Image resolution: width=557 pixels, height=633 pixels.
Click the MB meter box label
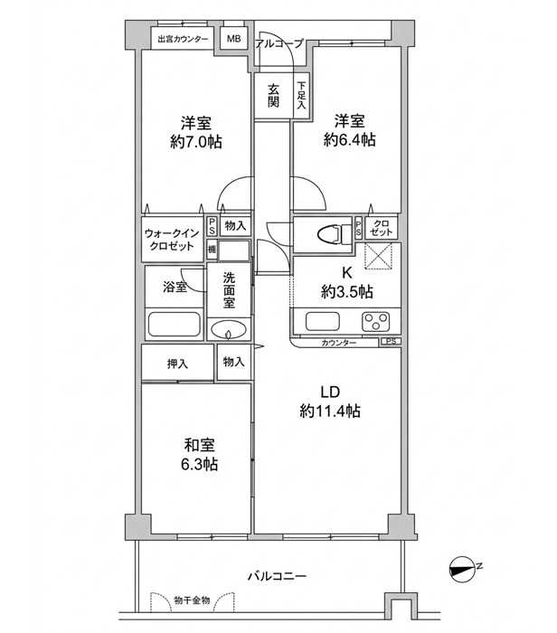tap(233, 39)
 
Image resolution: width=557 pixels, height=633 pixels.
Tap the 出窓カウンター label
tap(183, 39)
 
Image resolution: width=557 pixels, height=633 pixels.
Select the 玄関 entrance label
tap(273, 96)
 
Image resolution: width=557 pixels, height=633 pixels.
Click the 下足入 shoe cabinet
tap(301, 96)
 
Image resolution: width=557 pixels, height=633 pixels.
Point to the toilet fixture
tap(335, 234)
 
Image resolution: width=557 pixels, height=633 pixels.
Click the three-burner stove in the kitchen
tap(376, 322)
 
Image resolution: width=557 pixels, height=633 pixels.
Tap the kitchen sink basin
tap(323, 322)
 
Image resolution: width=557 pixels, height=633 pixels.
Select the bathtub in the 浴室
tap(175, 324)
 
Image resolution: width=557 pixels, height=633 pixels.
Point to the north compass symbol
tap(462, 570)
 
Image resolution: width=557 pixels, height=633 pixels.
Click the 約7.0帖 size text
tap(195, 142)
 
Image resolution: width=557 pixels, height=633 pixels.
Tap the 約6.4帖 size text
tap(349, 139)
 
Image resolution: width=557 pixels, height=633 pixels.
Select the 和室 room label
tap(200, 445)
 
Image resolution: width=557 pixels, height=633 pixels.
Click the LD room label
tap(330, 392)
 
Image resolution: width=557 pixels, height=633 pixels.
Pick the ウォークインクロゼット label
tap(172, 240)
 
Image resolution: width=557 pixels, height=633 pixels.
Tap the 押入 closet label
tap(177, 364)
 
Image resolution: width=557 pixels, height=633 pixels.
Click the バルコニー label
tap(277, 576)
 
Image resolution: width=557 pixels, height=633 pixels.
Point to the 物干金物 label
tap(192, 600)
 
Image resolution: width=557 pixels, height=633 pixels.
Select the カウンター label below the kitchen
tap(339, 343)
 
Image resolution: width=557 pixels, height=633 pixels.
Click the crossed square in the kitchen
tap(378, 256)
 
